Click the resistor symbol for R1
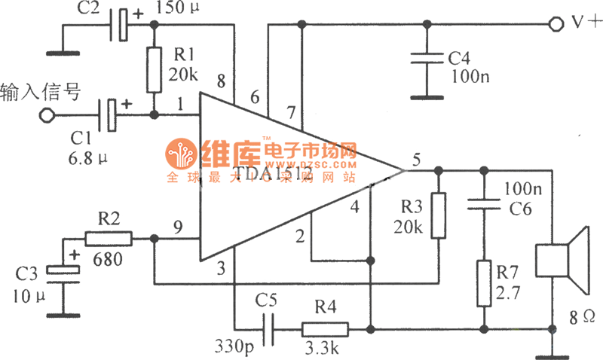coord(155,69)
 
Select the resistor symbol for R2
coord(108,239)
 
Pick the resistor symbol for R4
coord(325,329)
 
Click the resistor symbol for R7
coord(483,282)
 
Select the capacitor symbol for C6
coord(483,203)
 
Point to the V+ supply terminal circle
coord(556,24)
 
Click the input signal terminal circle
coord(47,115)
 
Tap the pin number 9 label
coord(179,224)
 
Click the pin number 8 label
coord(220,80)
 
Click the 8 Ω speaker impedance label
coord(580,317)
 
